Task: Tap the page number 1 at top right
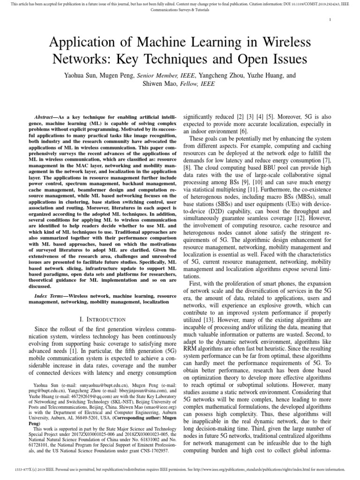point(330,20)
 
